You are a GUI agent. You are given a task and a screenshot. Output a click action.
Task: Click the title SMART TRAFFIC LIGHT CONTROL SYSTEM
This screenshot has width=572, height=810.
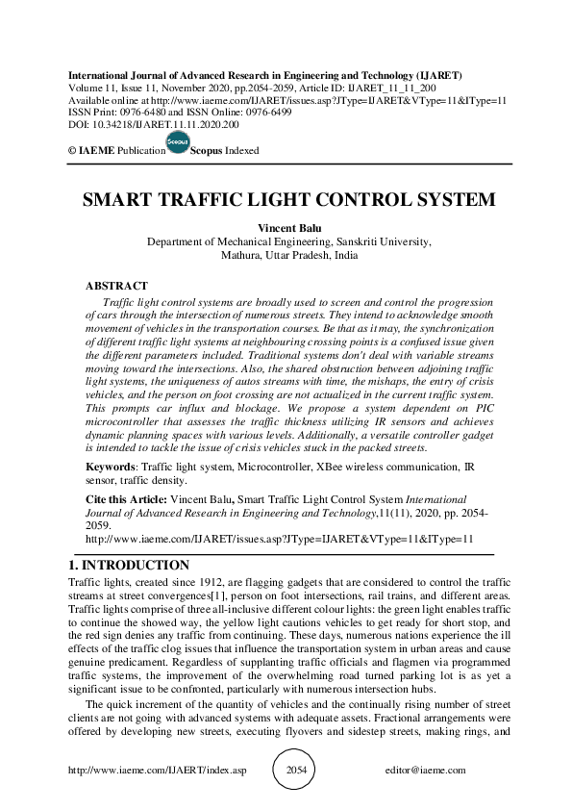(288, 201)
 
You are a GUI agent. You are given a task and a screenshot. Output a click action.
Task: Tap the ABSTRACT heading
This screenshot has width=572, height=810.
(116, 286)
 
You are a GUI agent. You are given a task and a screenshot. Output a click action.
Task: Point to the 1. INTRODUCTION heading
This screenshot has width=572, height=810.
(130, 566)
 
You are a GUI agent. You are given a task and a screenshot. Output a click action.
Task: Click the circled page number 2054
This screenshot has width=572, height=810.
(297, 771)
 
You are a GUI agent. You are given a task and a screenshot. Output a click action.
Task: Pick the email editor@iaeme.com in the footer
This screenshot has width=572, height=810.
(425, 771)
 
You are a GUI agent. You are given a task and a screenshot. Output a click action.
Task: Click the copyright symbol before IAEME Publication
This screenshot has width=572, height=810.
(71, 151)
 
